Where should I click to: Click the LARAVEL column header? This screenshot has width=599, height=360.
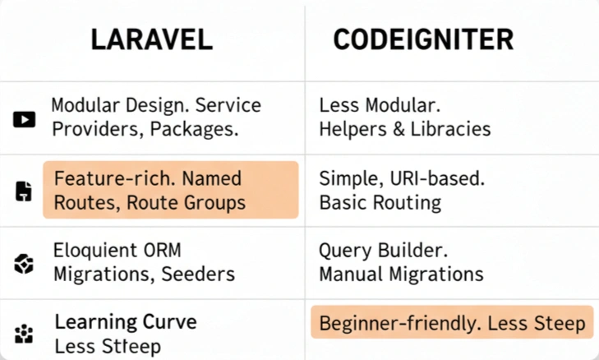pyautogui.click(x=151, y=39)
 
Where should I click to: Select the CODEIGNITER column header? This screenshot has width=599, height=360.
pyautogui.click(x=422, y=39)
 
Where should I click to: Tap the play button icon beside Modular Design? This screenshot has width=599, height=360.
pyautogui.click(x=24, y=120)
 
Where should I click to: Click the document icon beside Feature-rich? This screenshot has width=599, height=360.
pyautogui.click(x=24, y=192)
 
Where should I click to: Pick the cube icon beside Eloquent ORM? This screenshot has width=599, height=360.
pyautogui.click(x=24, y=264)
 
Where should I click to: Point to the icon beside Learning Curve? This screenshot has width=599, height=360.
pyautogui.click(x=24, y=334)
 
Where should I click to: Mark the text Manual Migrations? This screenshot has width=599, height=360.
pyautogui.click(x=401, y=275)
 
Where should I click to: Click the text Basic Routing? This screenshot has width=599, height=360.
pyautogui.click(x=380, y=202)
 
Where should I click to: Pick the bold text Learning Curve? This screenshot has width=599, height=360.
pyautogui.click(x=126, y=322)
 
